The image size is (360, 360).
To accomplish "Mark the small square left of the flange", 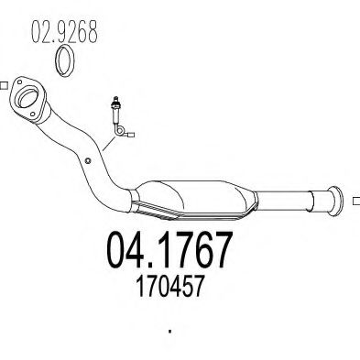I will [5, 88].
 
